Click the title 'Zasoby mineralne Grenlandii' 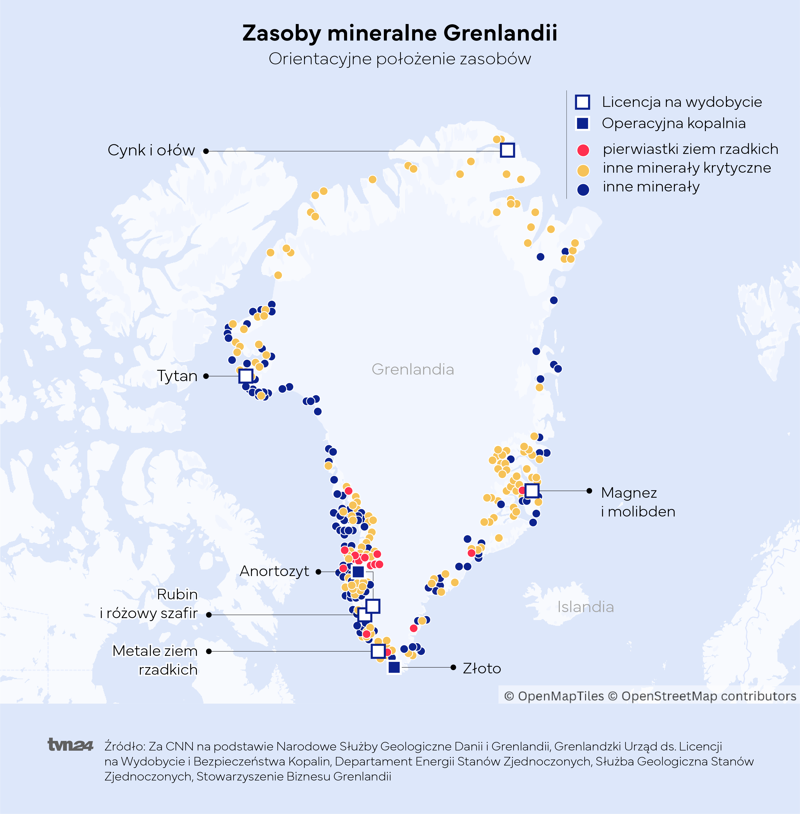400,33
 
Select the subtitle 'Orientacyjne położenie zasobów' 400,59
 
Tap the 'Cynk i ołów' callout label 151,150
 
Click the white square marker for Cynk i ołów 507,150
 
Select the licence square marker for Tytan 245,376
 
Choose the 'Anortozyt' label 274,571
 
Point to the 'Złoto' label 481,668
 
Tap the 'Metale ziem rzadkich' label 155,660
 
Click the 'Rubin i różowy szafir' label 149,604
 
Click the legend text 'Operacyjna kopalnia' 674,124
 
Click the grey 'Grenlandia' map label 413,369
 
